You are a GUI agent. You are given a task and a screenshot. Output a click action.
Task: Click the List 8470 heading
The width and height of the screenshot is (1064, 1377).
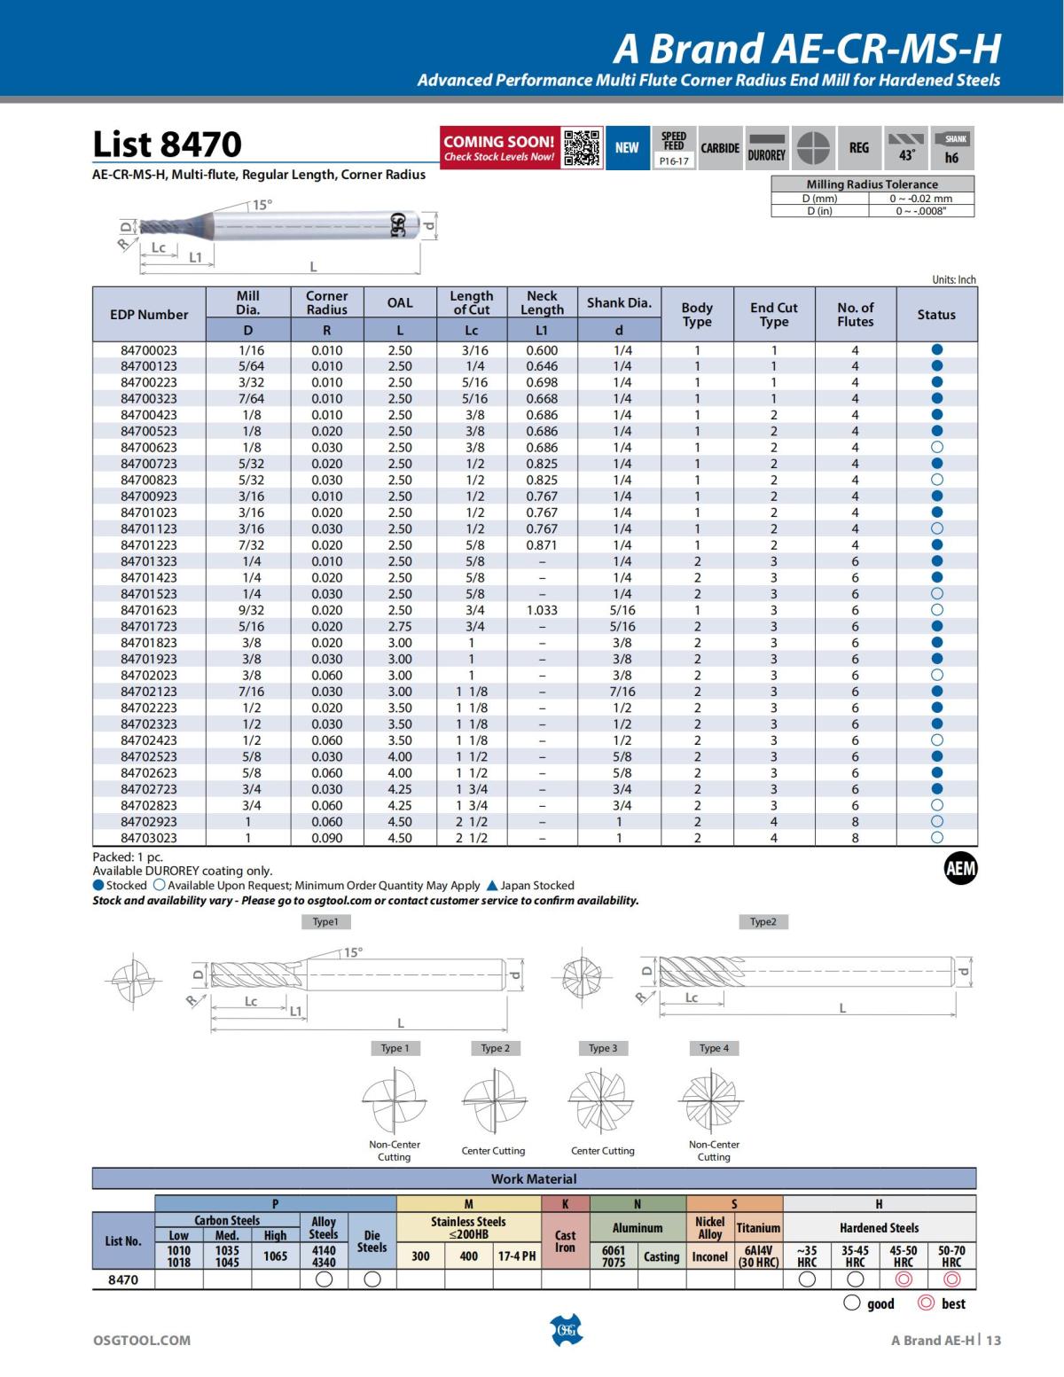coord(167,145)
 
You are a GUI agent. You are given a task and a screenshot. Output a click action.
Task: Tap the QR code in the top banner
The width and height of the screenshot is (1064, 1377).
coord(583,147)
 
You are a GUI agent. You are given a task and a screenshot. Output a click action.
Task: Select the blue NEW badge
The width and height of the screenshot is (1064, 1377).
coord(627,148)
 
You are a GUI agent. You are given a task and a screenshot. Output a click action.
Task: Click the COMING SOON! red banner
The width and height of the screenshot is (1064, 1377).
coord(499,147)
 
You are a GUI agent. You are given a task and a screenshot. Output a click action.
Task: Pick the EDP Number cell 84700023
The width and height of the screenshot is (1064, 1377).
coord(149,350)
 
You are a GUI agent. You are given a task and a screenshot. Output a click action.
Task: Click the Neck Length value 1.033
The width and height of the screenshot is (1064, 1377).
coord(542,610)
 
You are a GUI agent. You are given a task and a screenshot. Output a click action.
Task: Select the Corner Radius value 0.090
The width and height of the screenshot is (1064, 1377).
coord(326,838)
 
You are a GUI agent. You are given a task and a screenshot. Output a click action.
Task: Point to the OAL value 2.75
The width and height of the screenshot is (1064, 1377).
coord(400,627)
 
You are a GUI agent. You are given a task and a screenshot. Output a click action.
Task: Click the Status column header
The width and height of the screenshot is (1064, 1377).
coord(936,315)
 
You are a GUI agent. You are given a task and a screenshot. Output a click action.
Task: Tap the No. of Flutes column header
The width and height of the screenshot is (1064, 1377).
coord(855,315)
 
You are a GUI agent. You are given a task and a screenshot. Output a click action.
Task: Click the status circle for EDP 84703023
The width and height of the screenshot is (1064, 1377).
coord(937,838)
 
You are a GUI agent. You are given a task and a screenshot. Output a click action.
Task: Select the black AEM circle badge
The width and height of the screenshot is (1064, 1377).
coord(960,869)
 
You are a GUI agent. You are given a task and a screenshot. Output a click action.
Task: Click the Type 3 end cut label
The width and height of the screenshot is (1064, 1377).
coord(603,1048)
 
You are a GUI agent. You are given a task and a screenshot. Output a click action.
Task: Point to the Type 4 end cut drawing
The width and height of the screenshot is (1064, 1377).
coord(713,1100)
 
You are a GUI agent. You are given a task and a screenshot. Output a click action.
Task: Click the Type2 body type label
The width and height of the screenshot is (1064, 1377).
coord(763,922)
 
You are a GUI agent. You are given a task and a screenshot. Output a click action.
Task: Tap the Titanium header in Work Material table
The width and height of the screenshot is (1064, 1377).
coord(758,1228)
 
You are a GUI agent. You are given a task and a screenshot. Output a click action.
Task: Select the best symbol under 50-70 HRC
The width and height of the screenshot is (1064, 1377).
coord(951,1279)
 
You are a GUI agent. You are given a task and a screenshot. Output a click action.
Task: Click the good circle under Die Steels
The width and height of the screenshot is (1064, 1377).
coord(372,1279)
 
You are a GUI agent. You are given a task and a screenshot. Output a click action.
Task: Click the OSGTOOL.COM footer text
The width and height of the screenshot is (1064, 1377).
coord(142,1340)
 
